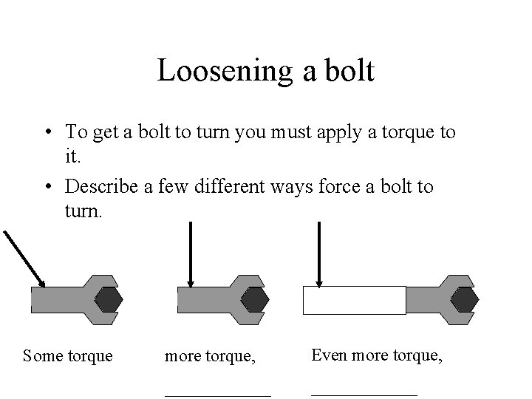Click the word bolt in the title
(x=348, y=72)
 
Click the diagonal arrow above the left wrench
(x=24, y=259)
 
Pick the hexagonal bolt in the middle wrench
(x=256, y=299)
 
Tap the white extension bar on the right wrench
(x=355, y=300)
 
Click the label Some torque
(x=68, y=356)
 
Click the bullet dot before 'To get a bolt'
(x=47, y=134)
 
